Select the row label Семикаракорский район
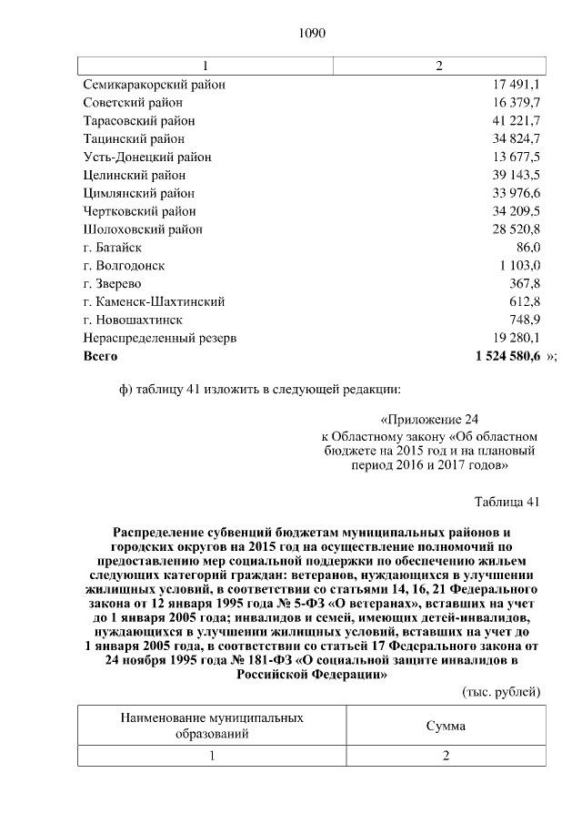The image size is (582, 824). pyautogui.click(x=155, y=85)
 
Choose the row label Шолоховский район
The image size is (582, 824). pyautogui.click(x=143, y=229)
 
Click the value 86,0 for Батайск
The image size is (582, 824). pyautogui.click(x=527, y=247)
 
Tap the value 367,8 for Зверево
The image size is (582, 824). pyautogui.click(x=525, y=283)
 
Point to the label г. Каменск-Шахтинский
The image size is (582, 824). pyautogui.click(x=154, y=301)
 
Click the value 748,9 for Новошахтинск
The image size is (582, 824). pyautogui.click(x=525, y=320)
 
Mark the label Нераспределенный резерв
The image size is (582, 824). pyautogui.click(x=160, y=338)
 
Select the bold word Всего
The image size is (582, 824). pyautogui.click(x=101, y=356)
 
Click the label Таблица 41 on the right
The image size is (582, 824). pyautogui.click(x=507, y=502)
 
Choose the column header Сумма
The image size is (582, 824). pyautogui.click(x=446, y=727)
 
